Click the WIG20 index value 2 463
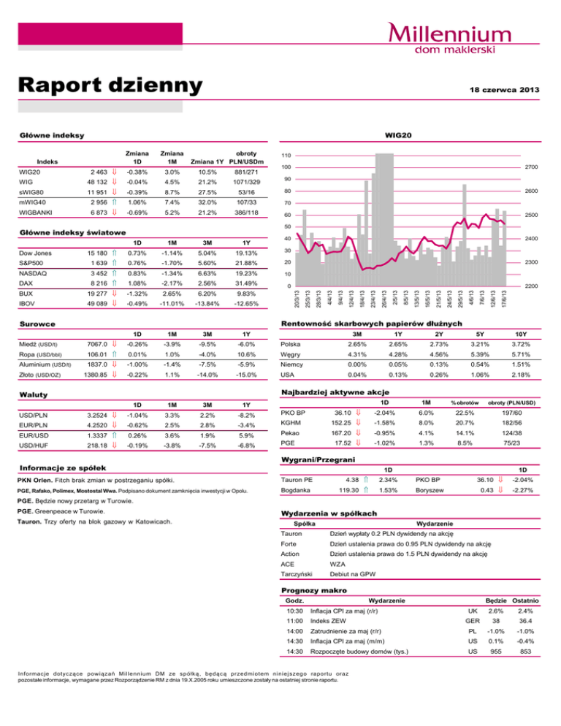94,171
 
